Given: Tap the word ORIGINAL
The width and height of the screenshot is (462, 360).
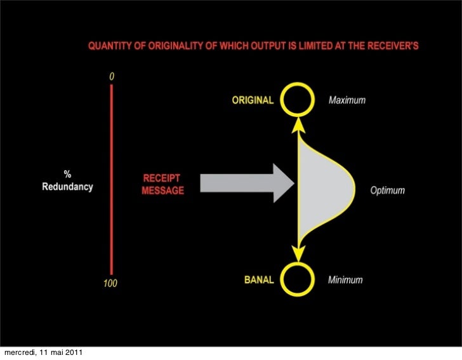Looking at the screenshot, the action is (253, 100).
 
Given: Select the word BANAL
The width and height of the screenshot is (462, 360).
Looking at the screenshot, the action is (260, 280).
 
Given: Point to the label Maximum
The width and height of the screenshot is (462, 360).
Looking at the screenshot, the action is (346, 100).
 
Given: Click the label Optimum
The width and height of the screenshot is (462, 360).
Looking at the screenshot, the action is (387, 190).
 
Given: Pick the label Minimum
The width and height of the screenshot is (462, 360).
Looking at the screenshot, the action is (345, 280).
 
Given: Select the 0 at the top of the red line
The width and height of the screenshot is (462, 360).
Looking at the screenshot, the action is (112, 76).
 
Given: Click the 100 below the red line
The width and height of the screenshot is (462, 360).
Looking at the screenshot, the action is (110, 284).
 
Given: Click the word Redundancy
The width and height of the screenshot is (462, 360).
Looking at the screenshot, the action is (67, 187).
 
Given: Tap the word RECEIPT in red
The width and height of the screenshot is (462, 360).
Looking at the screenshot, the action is (162, 179).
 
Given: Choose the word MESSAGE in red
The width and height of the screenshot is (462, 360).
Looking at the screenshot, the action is (162, 190).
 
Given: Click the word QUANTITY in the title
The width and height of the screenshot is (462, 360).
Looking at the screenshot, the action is (108, 46).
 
